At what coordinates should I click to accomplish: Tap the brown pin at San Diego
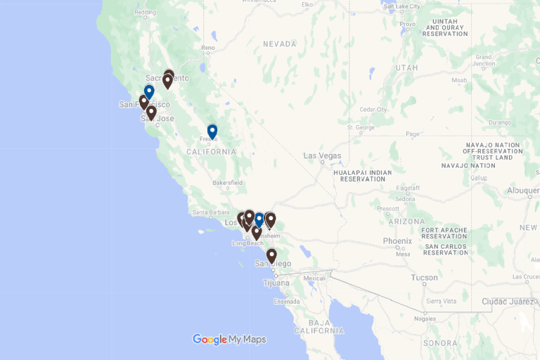(x=271, y=255)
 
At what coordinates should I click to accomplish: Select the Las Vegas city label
(x=322, y=155)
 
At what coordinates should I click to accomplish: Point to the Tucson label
(x=424, y=278)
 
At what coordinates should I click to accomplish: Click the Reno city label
(x=208, y=48)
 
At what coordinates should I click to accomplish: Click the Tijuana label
(x=276, y=283)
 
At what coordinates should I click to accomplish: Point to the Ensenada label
(x=286, y=302)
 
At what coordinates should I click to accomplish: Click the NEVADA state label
(x=280, y=44)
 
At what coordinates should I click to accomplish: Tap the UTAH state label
(x=406, y=67)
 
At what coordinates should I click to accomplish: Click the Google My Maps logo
(x=229, y=340)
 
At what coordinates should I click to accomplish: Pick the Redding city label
(x=145, y=12)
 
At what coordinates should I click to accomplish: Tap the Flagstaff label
(x=409, y=188)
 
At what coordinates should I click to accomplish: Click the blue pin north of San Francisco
(x=149, y=92)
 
